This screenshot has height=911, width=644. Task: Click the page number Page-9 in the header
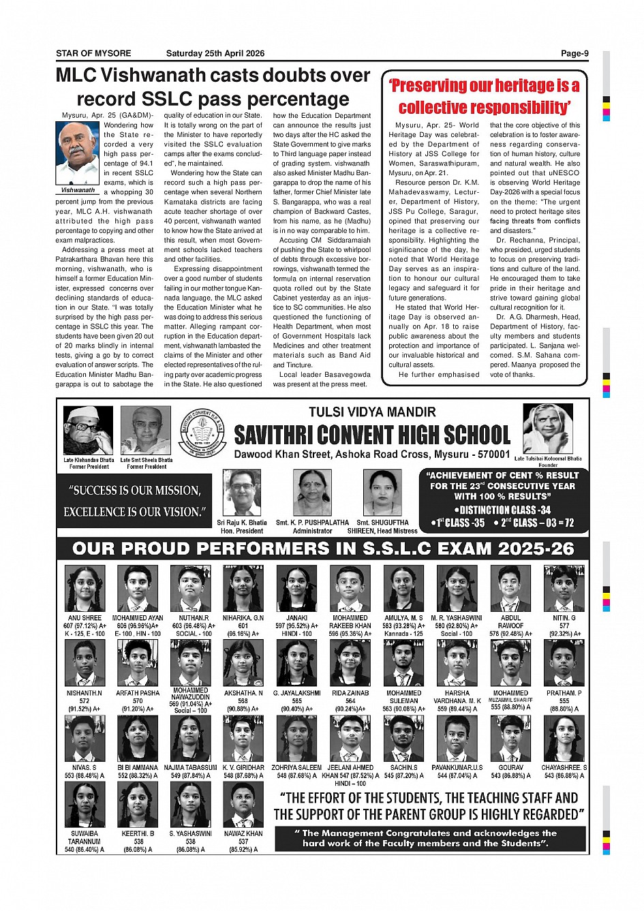[x=574, y=53]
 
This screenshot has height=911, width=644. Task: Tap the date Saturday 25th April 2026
[x=215, y=53]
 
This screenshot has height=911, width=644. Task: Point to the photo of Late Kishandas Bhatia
[x=88, y=431]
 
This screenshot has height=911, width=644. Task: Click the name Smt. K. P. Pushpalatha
[x=312, y=523]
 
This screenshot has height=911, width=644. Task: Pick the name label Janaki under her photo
[x=297, y=618]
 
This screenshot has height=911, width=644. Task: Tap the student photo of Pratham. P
[x=564, y=663]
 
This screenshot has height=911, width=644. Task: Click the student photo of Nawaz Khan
[x=243, y=804]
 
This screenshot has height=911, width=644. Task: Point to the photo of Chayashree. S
[x=564, y=738]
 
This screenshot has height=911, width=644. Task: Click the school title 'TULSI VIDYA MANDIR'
[x=372, y=412]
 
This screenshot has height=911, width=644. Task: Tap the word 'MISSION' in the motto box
[x=179, y=491]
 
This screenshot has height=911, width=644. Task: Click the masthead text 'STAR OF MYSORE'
[x=93, y=53]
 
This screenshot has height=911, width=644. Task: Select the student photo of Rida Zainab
[x=350, y=663]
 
